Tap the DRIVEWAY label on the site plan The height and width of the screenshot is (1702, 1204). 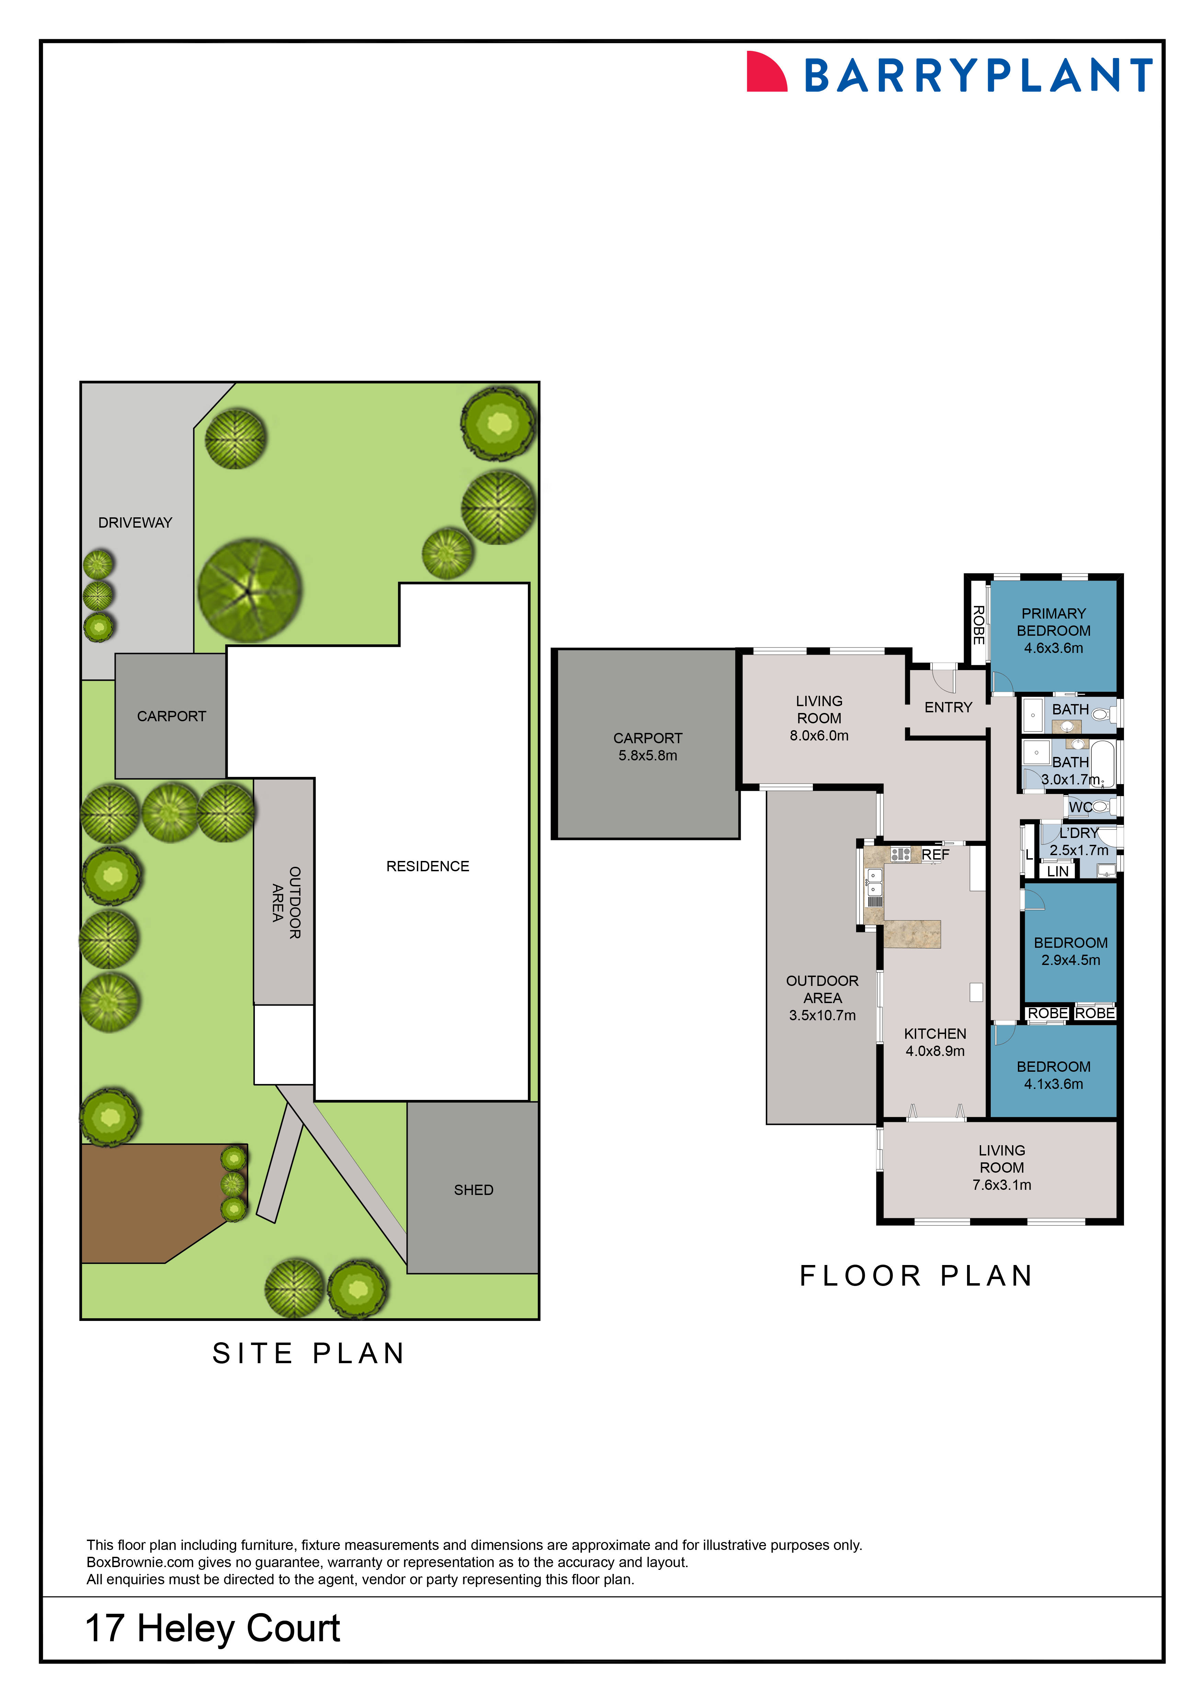(135, 522)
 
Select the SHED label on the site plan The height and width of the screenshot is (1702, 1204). (473, 1190)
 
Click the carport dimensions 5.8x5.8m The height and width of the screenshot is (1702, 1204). (647, 755)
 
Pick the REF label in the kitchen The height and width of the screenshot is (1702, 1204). (935, 855)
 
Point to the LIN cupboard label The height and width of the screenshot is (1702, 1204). (1057, 871)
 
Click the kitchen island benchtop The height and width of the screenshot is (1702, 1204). (912, 934)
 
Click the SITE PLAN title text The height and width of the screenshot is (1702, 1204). (308, 1353)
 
